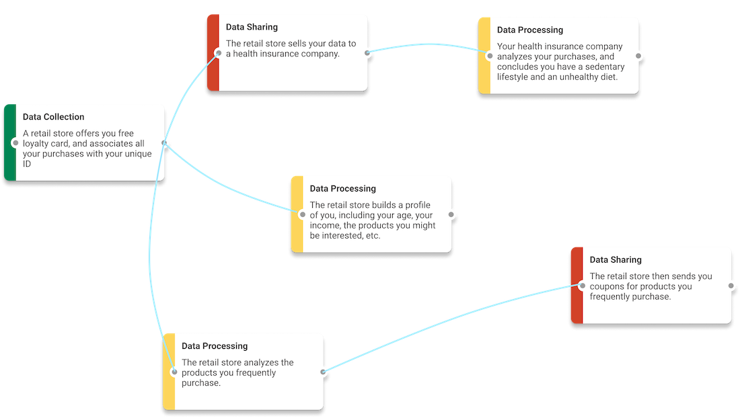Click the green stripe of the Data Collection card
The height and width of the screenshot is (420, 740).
click(x=10, y=142)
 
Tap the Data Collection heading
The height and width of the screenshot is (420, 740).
click(x=53, y=117)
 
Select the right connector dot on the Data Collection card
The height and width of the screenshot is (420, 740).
click(x=164, y=142)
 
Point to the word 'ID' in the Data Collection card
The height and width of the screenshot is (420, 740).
click(x=27, y=164)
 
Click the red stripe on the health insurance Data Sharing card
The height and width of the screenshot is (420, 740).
click(x=213, y=52)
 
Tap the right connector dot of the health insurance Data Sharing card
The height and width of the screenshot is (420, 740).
click(x=367, y=53)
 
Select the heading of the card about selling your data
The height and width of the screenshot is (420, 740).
click(x=252, y=27)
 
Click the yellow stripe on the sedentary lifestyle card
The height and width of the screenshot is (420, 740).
click(x=484, y=56)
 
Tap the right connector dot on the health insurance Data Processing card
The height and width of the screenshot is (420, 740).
click(x=638, y=56)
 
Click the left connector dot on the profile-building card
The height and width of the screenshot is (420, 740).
click(x=303, y=214)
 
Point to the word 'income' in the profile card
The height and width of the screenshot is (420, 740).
click(x=324, y=225)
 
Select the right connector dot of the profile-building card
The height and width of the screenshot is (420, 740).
click(x=451, y=214)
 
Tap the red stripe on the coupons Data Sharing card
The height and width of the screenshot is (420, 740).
click(x=577, y=285)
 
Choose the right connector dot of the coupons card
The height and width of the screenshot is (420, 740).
click(x=731, y=286)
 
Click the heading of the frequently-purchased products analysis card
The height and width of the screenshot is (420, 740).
click(x=214, y=346)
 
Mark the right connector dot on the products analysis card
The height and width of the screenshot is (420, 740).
click(x=324, y=372)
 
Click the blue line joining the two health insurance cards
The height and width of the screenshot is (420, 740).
click(x=429, y=44)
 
